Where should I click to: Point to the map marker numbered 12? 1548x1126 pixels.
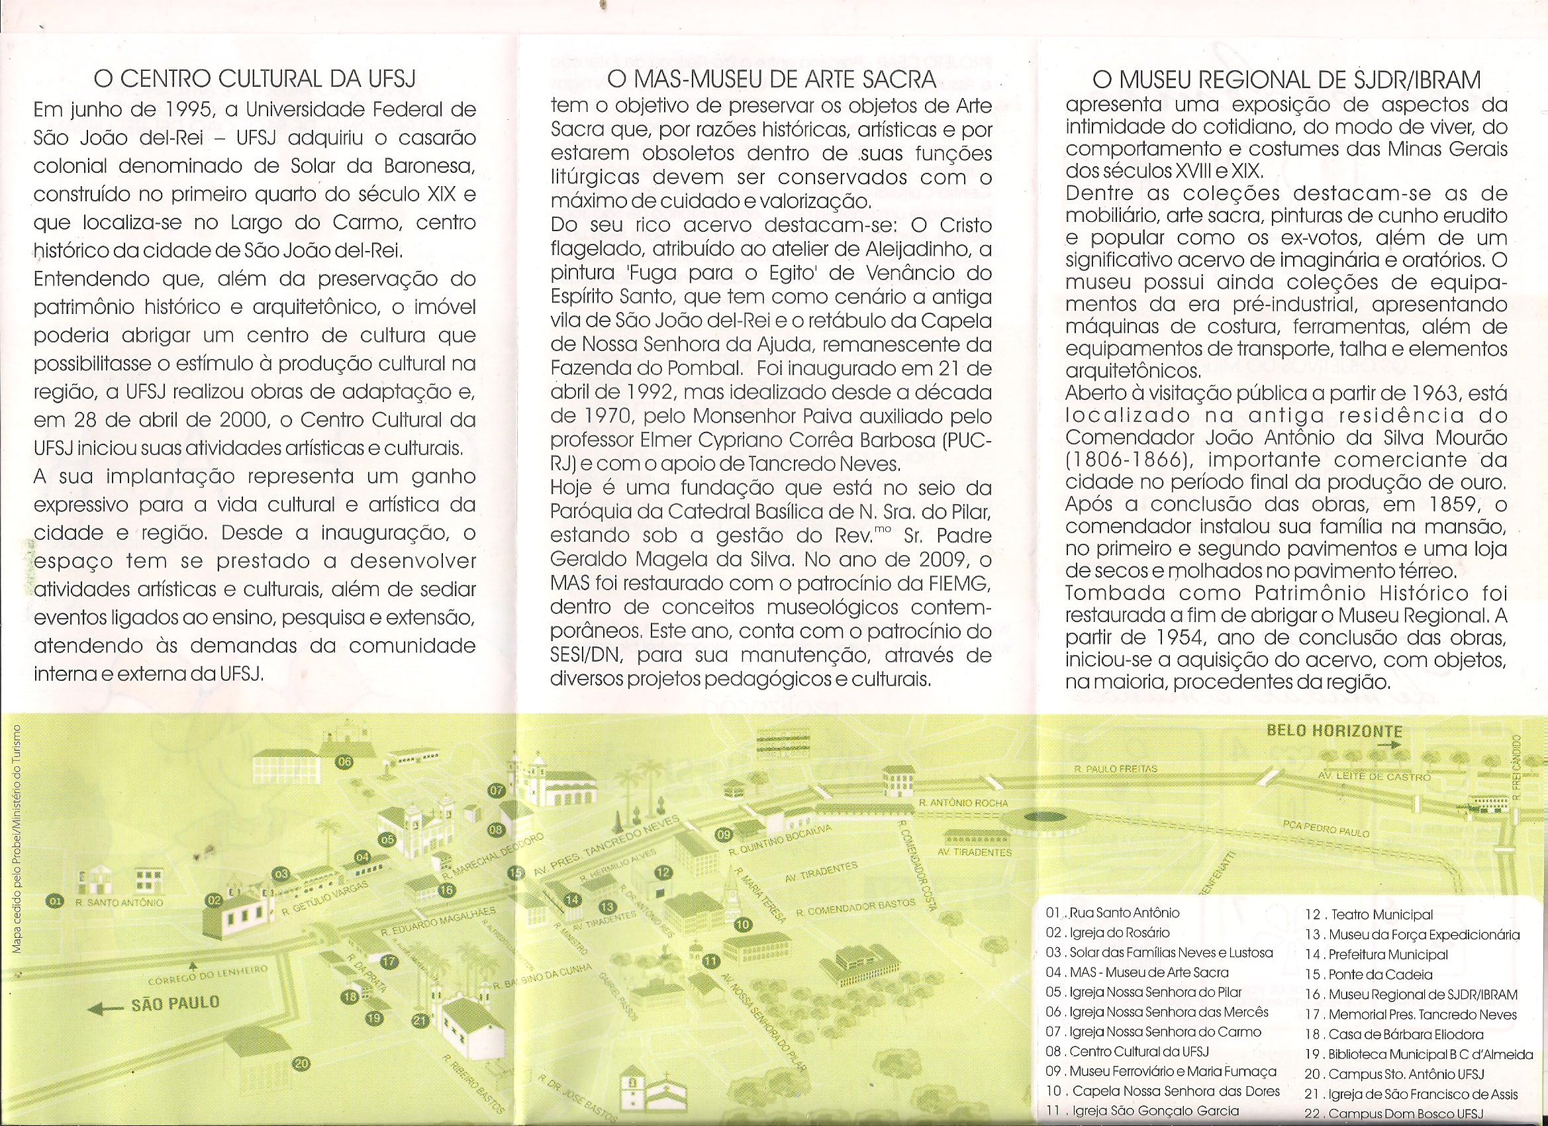click(663, 872)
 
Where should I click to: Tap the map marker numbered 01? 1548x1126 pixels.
click(54, 901)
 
